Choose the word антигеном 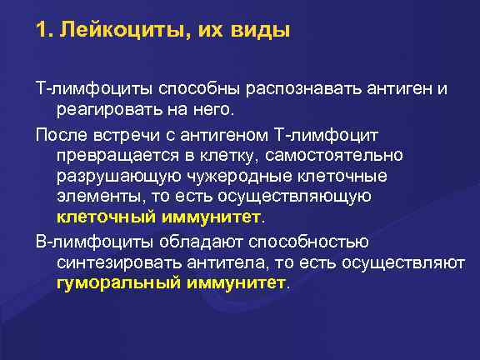[217, 133]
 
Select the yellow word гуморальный [107, 282]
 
